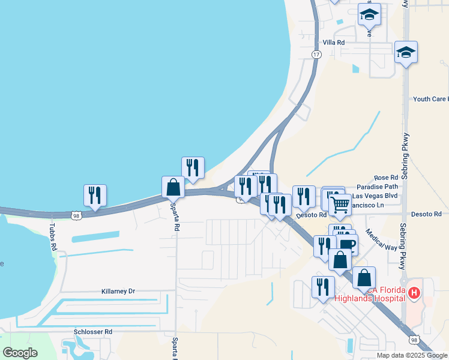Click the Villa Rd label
click(334, 43)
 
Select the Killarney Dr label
click(119, 291)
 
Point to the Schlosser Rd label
click(93, 331)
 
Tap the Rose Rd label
click(386, 178)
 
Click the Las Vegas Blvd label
click(375, 196)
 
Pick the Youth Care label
click(430, 99)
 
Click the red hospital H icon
click(414, 293)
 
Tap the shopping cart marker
click(340, 205)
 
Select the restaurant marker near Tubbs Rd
click(95, 196)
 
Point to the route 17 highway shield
click(316, 54)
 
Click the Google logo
click(20, 352)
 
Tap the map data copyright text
click(412, 355)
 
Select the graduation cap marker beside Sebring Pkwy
click(406, 53)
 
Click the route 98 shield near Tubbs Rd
click(76, 215)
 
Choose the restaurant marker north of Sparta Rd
click(193, 168)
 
